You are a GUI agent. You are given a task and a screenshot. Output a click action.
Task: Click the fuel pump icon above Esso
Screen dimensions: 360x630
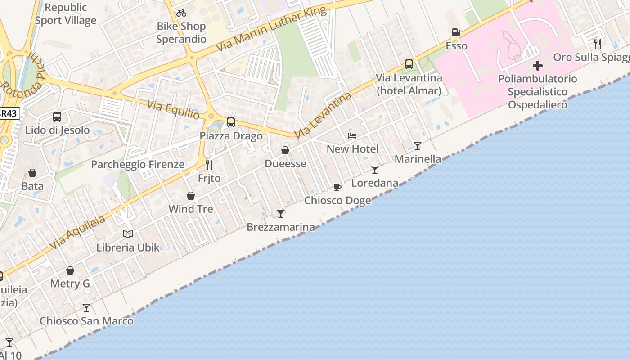(456, 32)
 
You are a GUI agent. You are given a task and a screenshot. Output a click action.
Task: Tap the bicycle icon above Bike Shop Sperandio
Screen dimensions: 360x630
(181, 13)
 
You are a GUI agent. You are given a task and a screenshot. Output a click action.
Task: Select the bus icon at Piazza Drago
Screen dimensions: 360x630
(231, 122)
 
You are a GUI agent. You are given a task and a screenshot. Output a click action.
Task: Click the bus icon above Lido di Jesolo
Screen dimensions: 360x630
(57, 117)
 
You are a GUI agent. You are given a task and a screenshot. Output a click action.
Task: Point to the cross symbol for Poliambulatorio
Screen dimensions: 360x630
(537, 66)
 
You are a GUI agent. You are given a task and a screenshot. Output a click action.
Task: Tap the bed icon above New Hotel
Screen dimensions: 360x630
(352, 136)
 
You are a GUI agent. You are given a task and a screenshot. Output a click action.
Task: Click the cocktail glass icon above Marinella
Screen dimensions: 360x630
(418, 146)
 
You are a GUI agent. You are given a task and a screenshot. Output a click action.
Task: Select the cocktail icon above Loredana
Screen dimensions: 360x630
(375, 170)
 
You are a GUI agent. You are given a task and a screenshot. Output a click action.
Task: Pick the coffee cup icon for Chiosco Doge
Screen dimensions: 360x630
(337, 187)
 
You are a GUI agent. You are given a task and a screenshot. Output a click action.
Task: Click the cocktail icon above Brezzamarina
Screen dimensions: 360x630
(281, 214)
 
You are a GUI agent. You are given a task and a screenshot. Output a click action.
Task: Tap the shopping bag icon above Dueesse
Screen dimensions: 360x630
(285, 150)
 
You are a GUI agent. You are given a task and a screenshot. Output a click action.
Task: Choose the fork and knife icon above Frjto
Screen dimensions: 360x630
(209, 165)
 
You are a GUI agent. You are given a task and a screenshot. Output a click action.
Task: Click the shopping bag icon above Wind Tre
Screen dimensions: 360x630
(191, 196)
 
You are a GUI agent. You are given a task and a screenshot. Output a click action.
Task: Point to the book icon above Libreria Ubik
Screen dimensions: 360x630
(128, 234)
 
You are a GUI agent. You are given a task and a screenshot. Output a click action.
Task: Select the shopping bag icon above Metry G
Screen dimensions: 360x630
(70, 270)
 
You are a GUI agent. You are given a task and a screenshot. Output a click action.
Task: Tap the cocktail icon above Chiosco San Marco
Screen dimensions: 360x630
(86, 308)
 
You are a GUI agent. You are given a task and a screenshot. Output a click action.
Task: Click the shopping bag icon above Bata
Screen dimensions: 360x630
(32, 173)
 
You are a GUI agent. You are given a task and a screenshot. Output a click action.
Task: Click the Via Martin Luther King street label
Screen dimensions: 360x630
(271, 29)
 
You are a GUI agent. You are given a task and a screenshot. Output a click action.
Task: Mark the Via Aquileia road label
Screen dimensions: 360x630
(77, 232)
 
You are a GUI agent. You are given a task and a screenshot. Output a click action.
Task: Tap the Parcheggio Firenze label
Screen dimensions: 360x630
(138, 164)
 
